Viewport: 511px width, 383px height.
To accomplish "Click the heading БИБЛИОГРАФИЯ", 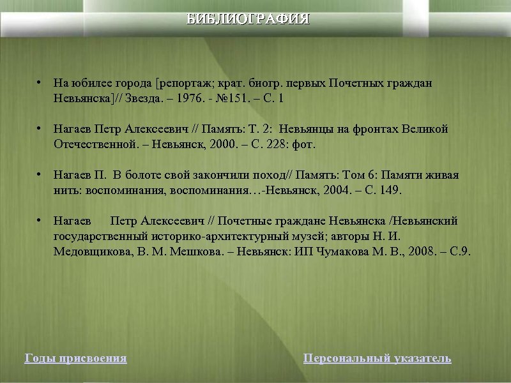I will [248, 19].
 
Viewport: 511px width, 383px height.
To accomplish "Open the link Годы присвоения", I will [75, 359].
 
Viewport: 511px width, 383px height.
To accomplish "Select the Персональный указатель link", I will [377, 359].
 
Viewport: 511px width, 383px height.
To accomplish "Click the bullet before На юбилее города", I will [39, 83].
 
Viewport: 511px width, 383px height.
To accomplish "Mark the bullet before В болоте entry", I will [39, 175].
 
